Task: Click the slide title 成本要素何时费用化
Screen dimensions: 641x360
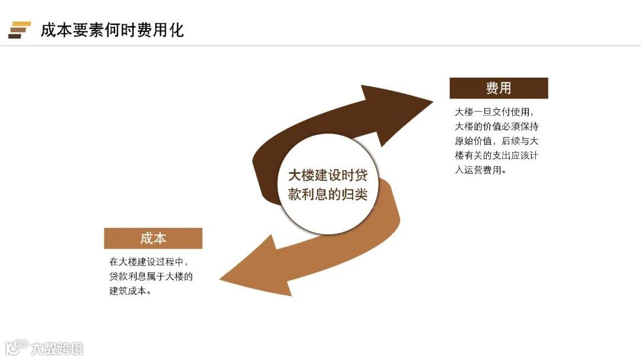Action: point(112,30)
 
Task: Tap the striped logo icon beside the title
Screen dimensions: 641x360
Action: point(19,30)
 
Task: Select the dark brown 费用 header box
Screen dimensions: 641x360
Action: point(499,88)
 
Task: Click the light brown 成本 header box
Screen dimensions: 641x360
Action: point(153,238)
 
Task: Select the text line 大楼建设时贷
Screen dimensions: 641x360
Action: point(328,176)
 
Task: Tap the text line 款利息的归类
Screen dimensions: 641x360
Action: point(328,195)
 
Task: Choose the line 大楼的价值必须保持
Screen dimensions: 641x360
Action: point(497,126)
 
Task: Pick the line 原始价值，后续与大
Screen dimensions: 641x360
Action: point(497,141)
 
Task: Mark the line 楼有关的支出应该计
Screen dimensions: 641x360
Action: point(497,156)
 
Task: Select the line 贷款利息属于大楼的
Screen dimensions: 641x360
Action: point(151,276)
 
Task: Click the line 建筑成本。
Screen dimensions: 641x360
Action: point(130,291)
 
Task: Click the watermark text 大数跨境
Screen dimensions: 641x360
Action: point(58,348)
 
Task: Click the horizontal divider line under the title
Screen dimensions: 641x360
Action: point(320,46)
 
